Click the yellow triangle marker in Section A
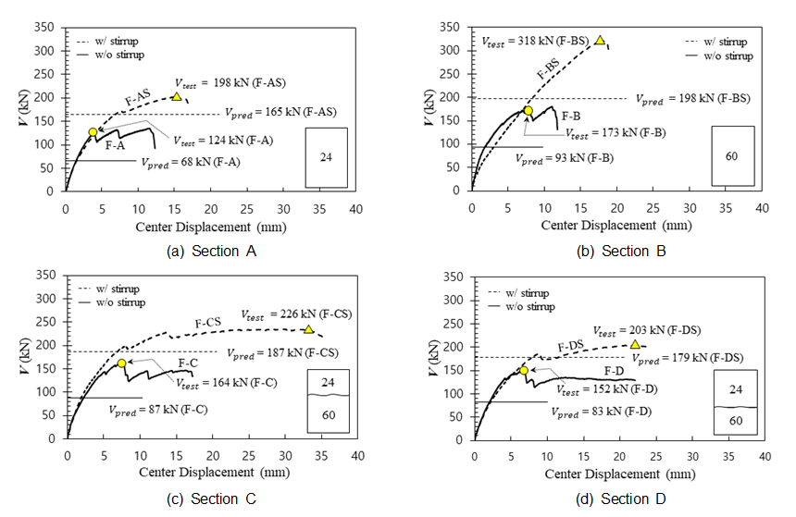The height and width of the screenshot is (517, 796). coord(177,95)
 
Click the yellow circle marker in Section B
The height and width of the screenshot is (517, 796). coord(529,111)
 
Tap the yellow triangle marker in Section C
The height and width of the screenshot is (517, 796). coord(308,329)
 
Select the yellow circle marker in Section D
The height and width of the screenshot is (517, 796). coord(524,370)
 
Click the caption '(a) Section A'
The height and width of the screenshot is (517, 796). coord(197,252)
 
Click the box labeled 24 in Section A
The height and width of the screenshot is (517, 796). coord(326,157)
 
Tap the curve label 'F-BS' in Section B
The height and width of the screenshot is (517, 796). coord(548,73)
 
